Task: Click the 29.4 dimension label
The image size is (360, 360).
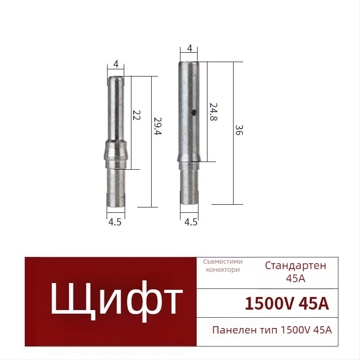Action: (x=158, y=126)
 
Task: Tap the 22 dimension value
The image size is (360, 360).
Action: (x=136, y=116)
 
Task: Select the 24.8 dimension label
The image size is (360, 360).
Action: (x=213, y=112)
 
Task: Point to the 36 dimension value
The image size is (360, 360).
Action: (x=239, y=130)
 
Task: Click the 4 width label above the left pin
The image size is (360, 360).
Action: (x=116, y=64)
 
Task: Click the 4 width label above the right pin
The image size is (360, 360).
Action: (x=189, y=49)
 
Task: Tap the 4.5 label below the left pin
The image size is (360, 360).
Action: (x=115, y=222)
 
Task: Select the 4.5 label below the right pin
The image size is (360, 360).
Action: (x=191, y=222)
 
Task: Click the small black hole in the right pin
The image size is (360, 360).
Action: (x=194, y=112)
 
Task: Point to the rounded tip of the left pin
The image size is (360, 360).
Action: (x=116, y=78)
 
